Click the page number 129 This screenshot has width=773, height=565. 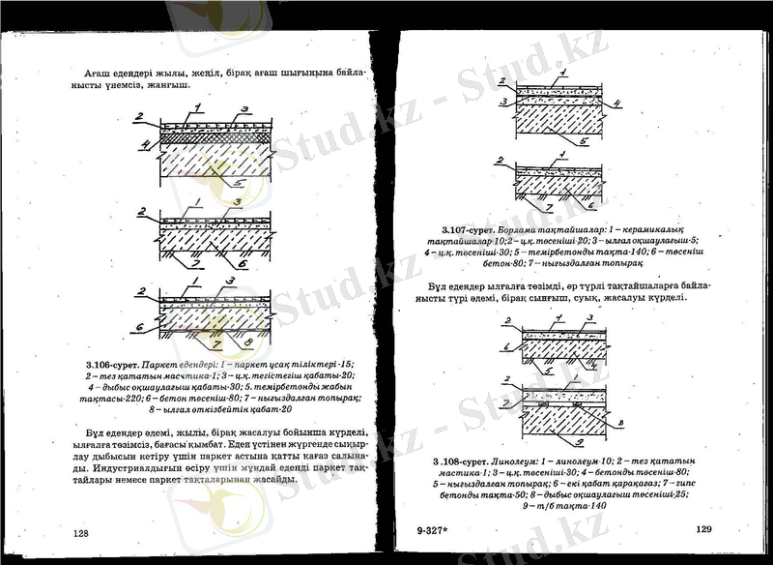(x=703, y=528)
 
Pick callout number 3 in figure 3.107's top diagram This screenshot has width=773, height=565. (x=503, y=101)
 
